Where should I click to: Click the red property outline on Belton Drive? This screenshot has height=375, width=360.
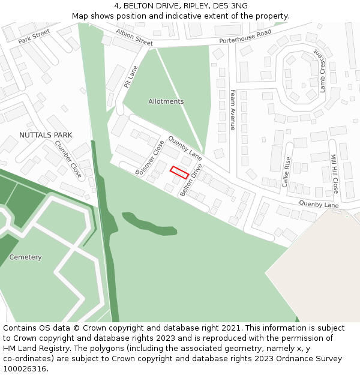tap(179, 172)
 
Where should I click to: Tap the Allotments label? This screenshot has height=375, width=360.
tap(166, 101)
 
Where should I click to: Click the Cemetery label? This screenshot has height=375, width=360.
tap(26, 257)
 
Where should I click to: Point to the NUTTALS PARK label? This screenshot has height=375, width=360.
tap(46, 135)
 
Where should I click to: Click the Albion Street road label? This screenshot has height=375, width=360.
tap(134, 37)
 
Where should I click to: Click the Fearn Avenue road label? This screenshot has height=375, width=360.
tap(233, 110)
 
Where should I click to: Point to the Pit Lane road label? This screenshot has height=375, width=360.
tap(131, 77)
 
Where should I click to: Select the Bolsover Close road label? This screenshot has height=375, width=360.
tap(150, 158)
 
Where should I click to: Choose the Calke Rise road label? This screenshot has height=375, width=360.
tap(287, 172)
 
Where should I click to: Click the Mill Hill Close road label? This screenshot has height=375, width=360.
tap(334, 173)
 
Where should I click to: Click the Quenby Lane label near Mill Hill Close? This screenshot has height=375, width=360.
tap(319, 205)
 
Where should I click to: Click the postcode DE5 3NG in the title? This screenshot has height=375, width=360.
tap(231, 6)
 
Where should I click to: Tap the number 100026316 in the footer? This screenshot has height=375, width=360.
tap(23, 368)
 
